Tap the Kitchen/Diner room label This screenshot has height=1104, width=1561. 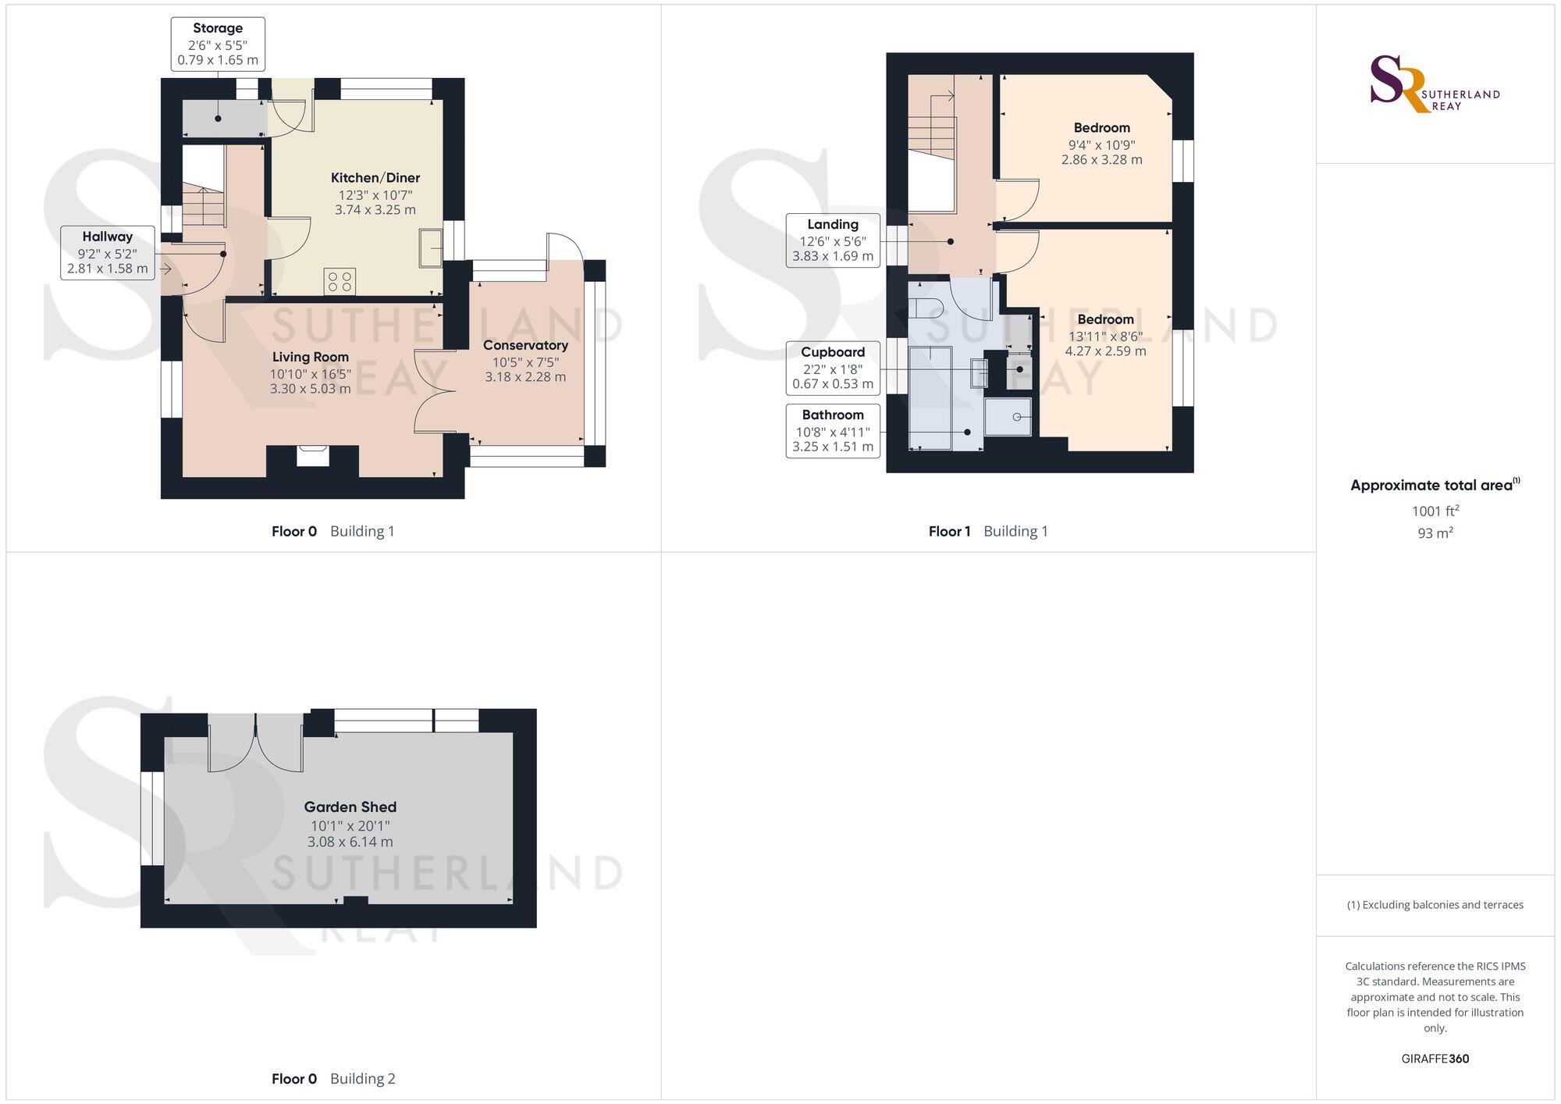[375, 178]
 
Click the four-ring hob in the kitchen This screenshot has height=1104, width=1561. [340, 282]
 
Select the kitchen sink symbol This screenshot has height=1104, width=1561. [431, 248]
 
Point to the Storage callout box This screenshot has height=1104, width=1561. [218, 44]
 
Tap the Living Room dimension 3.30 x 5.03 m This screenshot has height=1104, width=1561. [310, 388]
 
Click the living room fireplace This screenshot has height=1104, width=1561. [313, 455]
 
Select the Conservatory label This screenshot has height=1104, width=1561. [525, 345]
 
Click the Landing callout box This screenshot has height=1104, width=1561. [833, 240]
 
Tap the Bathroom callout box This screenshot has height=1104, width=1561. [833, 430]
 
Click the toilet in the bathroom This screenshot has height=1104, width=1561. [932, 308]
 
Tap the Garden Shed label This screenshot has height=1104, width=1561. [350, 807]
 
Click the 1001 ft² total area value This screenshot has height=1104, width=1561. [1435, 511]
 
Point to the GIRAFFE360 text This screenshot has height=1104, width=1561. [1435, 1059]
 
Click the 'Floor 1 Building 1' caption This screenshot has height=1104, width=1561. [988, 531]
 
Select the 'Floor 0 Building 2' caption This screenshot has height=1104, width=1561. [333, 1078]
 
